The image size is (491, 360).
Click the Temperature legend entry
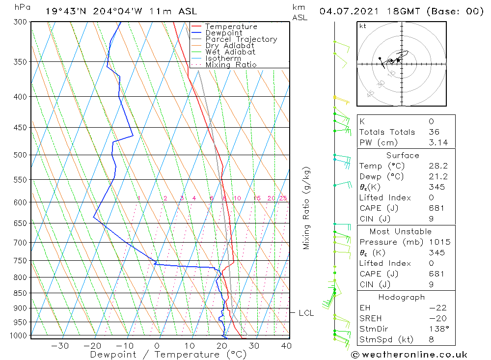point(231,27)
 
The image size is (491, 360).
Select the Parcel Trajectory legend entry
point(241,39)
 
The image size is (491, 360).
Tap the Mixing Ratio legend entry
point(231,65)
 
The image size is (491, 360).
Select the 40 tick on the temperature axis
point(286,346)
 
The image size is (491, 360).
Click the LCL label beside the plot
point(306,313)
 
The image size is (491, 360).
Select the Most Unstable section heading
point(401,231)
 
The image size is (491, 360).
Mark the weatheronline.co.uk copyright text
point(409,355)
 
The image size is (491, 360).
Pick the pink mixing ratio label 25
point(283,198)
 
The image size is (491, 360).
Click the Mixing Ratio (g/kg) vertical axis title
point(306,208)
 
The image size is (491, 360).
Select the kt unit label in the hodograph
point(363,26)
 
